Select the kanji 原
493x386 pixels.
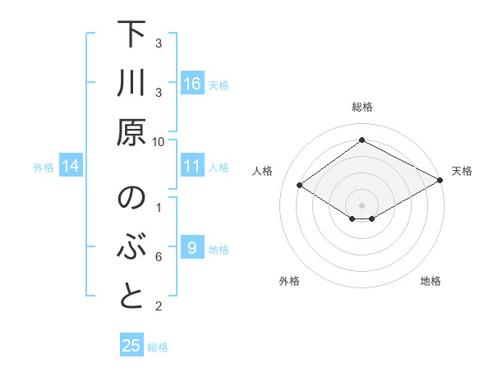pyautogui.click(x=131, y=131)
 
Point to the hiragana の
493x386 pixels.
pyautogui.click(x=131, y=200)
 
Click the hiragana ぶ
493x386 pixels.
pyautogui.click(x=131, y=248)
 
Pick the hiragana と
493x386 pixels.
pyautogui.click(x=131, y=296)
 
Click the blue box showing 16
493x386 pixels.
pyautogui.click(x=192, y=83)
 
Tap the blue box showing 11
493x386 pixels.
pyautogui.click(x=192, y=166)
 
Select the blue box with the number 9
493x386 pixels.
pyautogui.click(x=192, y=248)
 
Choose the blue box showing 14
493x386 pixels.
pyautogui.click(x=71, y=166)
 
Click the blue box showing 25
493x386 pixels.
pyautogui.click(x=131, y=346)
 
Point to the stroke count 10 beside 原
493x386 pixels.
pyautogui.click(x=159, y=141)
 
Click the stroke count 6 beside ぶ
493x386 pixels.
pyautogui.click(x=159, y=257)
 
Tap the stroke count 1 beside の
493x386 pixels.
pyautogui.click(x=159, y=208)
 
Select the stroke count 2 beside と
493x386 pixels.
pyautogui.click(x=159, y=306)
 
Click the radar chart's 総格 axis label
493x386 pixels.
pyautogui.click(x=362, y=108)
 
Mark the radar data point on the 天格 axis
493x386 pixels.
pyautogui.click(x=440, y=181)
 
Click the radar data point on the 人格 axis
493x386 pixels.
pyautogui.click(x=300, y=186)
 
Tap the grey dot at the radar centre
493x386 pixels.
pyautogui.click(x=362, y=204)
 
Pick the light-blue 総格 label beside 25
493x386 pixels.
pyautogui.click(x=158, y=347)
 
